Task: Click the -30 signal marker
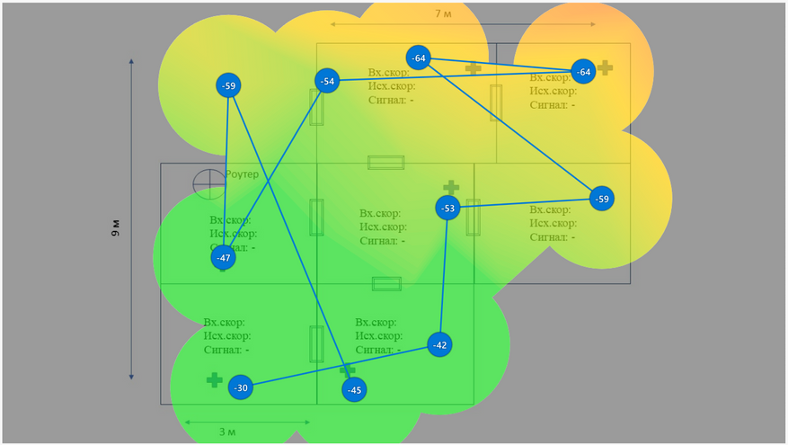pyautogui.click(x=240, y=388)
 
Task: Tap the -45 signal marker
pyautogui.click(x=355, y=389)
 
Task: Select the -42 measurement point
pyautogui.click(x=438, y=344)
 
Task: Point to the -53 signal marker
pyautogui.click(x=448, y=209)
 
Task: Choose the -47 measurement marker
pyautogui.click(x=224, y=258)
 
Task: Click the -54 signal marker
pyautogui.click(x=327, y=82)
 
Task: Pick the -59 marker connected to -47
pyautogui.click(x=229, y=86)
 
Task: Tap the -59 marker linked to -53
pyautogui.click(x=602, y=199)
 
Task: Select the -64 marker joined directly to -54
pyautogui.click(x=583, y=72)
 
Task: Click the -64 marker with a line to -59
pyautogui.click(x=419, y=58)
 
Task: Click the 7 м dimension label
pyautogui.click(x=442, y=13)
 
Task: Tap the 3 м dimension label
pyautogui.click(x=228, y=432)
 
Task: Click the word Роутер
pyautogui.click(x=242, y=174)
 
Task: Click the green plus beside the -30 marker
pyautogui.click(x=214, y=380)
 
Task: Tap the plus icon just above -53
pyautogui.click(x=451, y=187)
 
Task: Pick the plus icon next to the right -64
pyautogui.click(x=606, y=67)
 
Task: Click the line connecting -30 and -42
pyautogui.click(x=340, y=366)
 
